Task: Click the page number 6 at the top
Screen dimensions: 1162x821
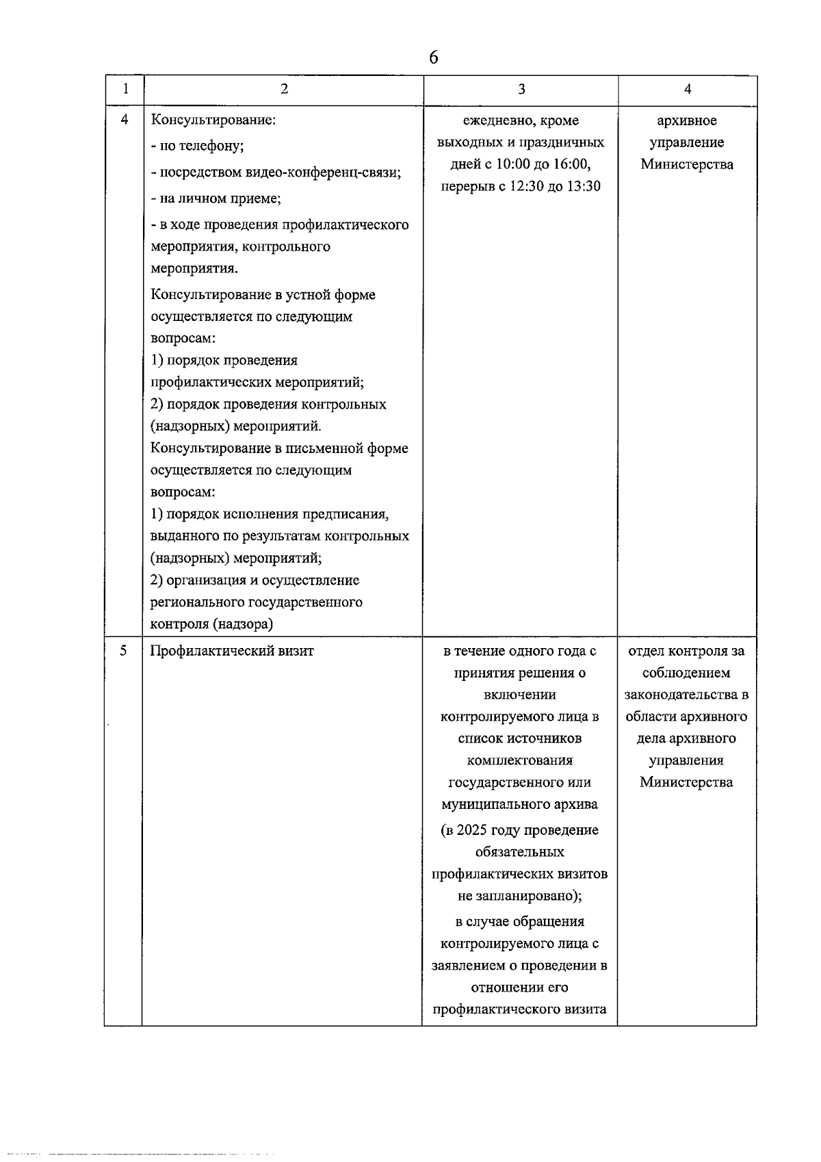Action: [434, 57]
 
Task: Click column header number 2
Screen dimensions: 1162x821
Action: [284, 89]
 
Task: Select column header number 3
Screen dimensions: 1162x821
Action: [521, 89]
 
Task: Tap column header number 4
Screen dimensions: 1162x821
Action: [688, 89]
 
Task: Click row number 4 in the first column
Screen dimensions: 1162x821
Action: [124, 120]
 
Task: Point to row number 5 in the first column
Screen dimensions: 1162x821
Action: [123, 650]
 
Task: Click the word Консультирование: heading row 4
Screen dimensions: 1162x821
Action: [213, 120]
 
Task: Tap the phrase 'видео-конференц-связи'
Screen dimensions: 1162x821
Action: [322, 172]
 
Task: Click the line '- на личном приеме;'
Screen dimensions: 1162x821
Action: [216, 198]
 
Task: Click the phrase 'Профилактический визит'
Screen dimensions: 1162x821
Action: [232, 651]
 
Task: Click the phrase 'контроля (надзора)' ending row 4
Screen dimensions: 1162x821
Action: [211, 624]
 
